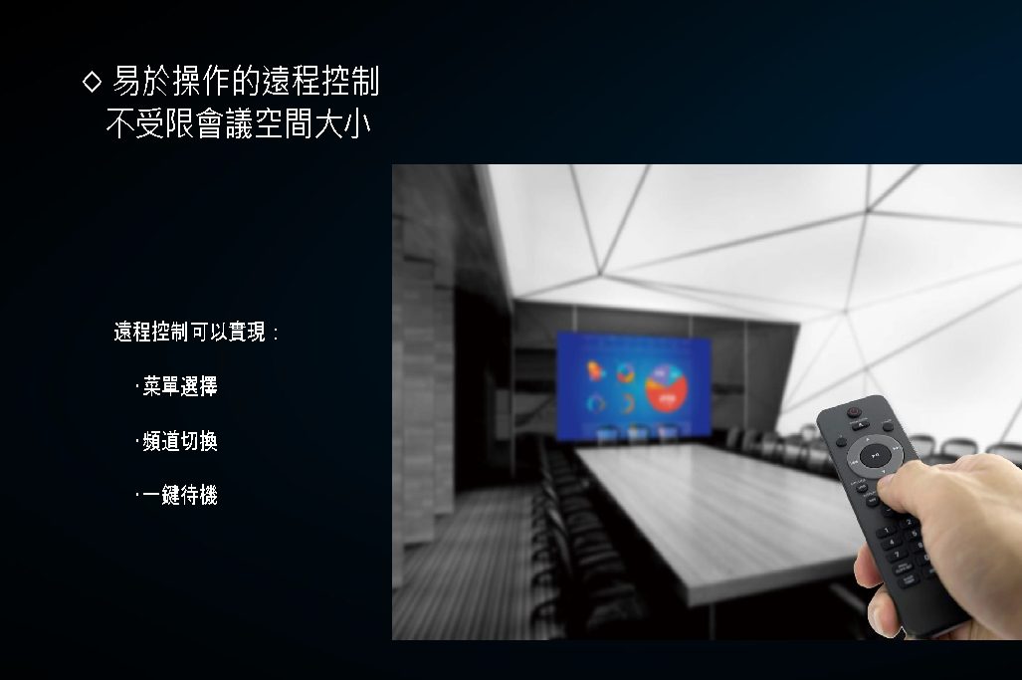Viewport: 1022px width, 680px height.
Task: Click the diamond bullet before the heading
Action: pyautogui.click(x=92, y=82)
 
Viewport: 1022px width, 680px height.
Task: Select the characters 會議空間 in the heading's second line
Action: pyautogui.click(x=254, y=123)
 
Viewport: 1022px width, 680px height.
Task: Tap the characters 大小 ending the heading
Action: pyautogui.click(x=342, y=123)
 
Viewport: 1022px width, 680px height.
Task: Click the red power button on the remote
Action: pyautogui.click(x=854, y=412)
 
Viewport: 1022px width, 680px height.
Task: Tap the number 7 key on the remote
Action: pyautogui.click(x=898, y=555)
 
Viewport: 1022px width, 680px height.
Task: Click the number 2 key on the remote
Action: pyautogui.click(x=908, y=523)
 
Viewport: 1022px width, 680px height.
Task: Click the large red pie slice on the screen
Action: pyautogui.click(x=666, y=391)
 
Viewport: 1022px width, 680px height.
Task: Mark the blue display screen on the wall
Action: pyautogui.click(x=634, y=386)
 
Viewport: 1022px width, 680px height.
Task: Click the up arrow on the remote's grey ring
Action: pyautogui.click(x=867, y=441)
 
